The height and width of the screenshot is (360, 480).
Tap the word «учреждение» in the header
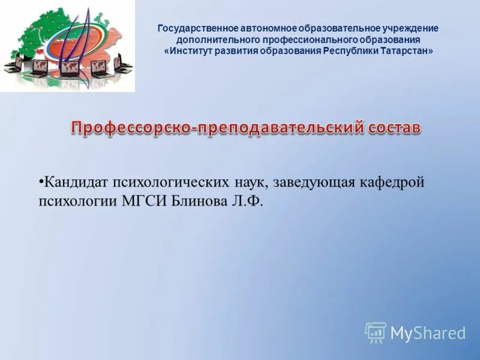tap(410, 28)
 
